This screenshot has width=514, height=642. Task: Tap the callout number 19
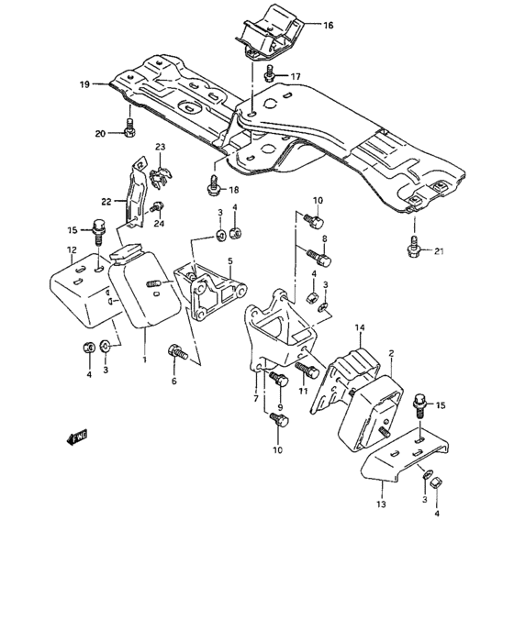84,84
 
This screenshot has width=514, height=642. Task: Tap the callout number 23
160,147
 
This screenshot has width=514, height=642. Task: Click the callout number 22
106,201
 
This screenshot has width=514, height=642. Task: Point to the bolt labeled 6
177,351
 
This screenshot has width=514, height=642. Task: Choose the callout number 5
231,261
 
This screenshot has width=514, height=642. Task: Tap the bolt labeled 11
306,371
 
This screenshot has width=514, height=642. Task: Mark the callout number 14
361,327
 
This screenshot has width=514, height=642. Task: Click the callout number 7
256,398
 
